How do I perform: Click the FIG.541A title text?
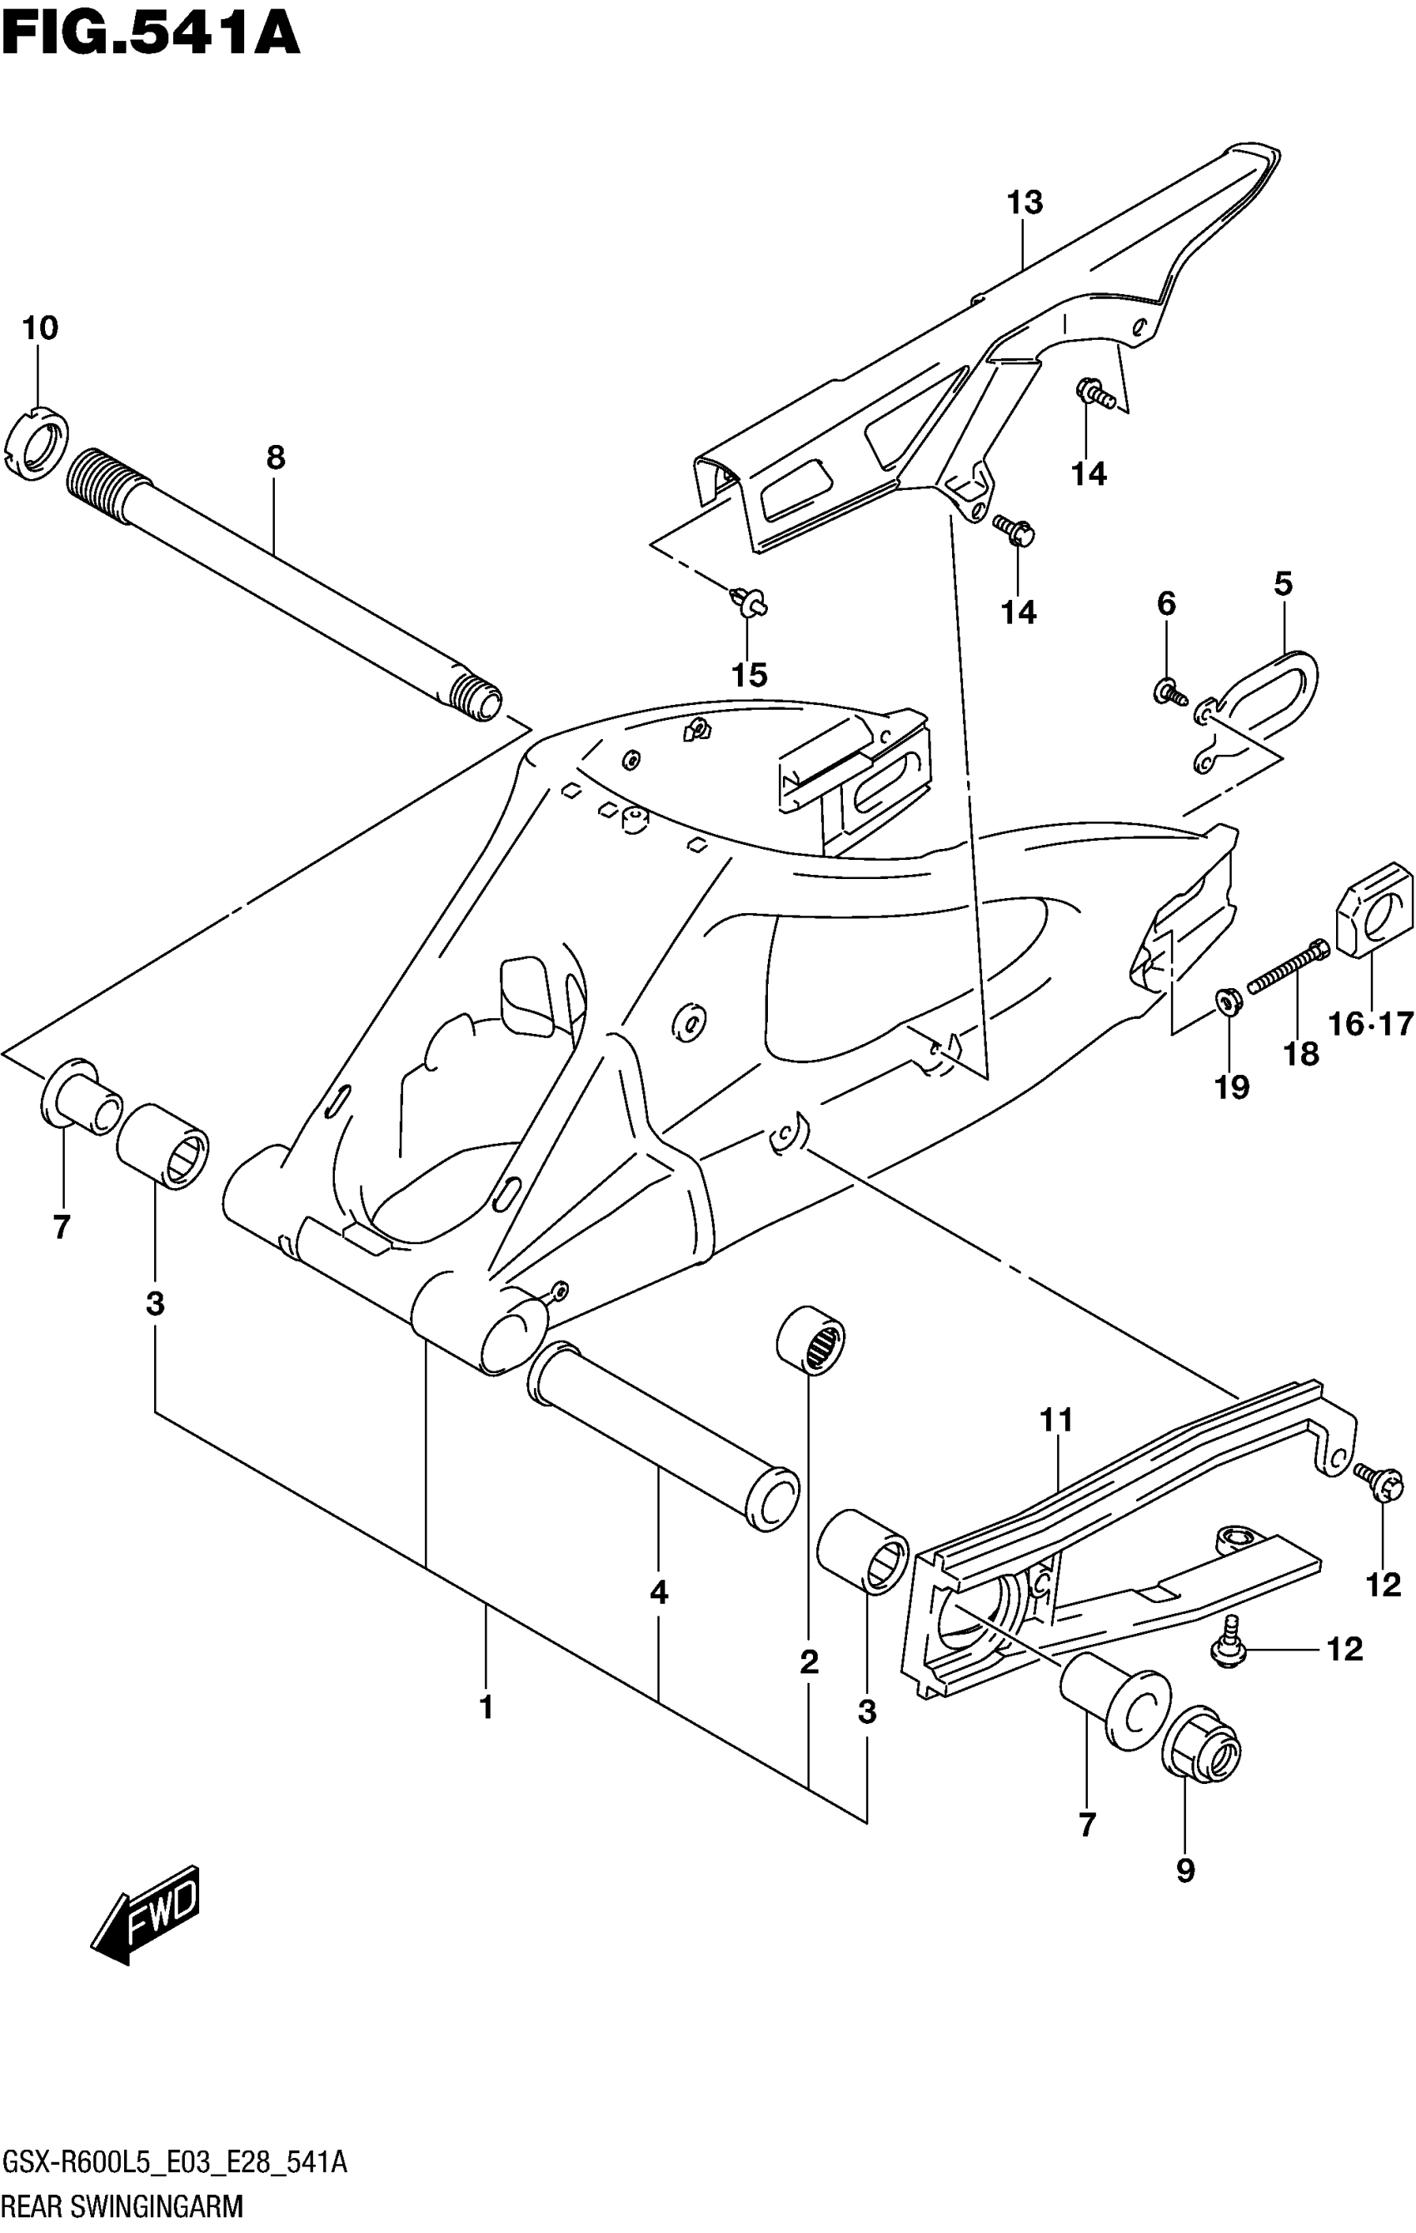[x=150, y=35]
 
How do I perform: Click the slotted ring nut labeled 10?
[x=39, y=447]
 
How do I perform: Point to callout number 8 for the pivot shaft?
[x=276, y=457]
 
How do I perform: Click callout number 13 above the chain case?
[x=1025, y=202]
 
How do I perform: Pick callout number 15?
[x=750, y=675]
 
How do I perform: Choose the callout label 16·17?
[x=1369, y=1024]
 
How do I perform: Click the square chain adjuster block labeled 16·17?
[x=1374, y=912]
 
